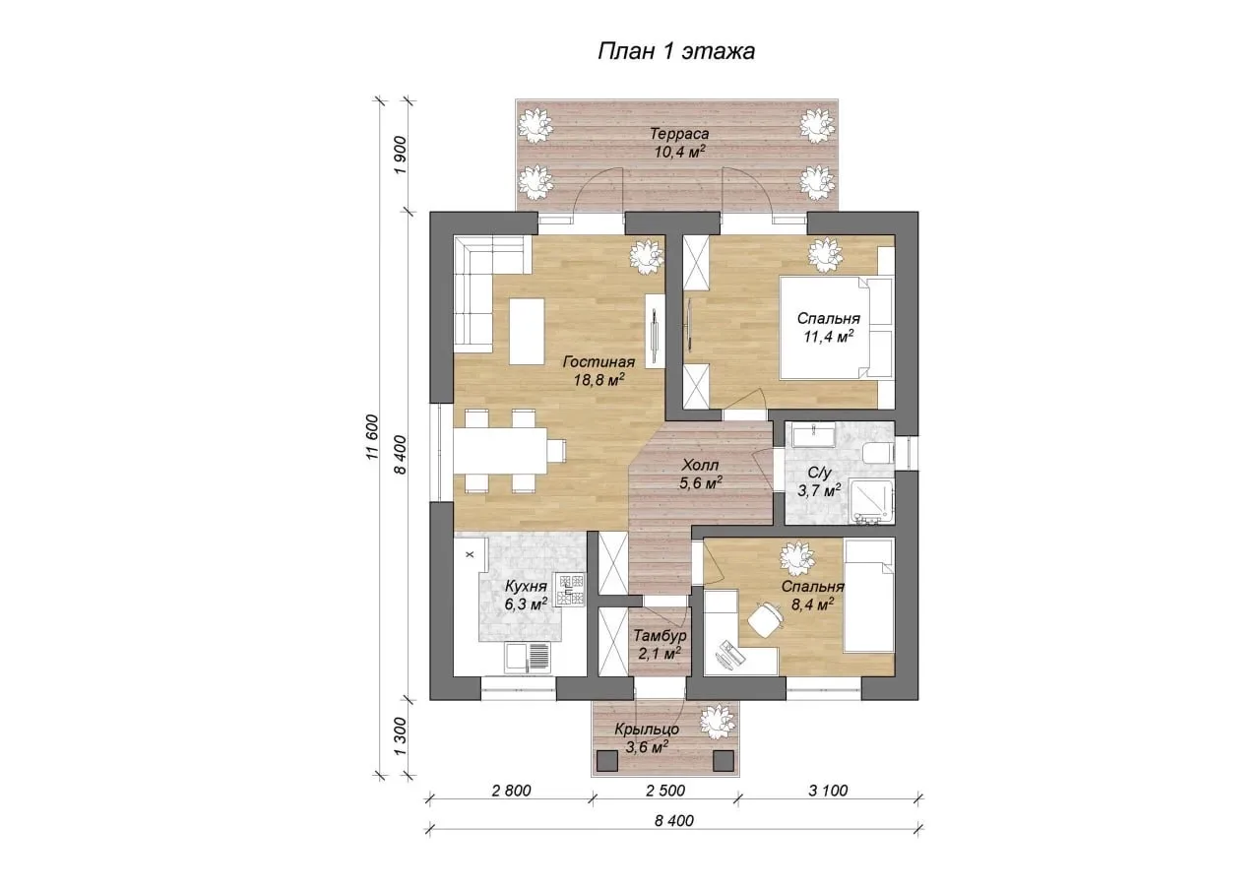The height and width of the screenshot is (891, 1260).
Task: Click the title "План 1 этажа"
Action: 675,51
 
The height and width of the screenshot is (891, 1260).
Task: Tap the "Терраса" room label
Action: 679,134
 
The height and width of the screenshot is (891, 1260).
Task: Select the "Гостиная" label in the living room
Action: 599,362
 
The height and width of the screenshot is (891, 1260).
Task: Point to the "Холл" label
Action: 700,465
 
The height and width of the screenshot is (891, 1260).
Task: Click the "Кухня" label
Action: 526,587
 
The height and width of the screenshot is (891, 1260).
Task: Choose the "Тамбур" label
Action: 661,636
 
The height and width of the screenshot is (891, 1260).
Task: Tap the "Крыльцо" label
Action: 647,730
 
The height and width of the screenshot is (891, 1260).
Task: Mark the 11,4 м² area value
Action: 829,337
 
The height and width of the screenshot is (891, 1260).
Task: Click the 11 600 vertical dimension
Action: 372,438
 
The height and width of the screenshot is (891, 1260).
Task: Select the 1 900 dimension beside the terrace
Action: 400,156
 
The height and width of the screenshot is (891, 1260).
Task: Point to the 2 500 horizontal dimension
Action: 665,791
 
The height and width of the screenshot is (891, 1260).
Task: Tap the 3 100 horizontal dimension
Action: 828,791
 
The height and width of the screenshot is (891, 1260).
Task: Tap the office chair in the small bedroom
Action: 765,620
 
